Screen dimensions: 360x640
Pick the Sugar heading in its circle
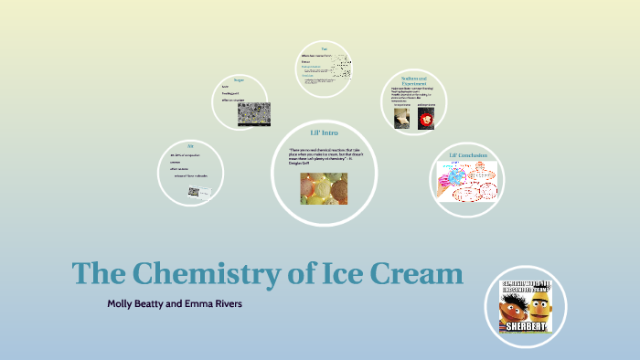(x=239, y=79)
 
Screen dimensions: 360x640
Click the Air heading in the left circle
(x=190, y=145)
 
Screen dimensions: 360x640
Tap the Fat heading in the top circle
(x=324, y=47)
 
